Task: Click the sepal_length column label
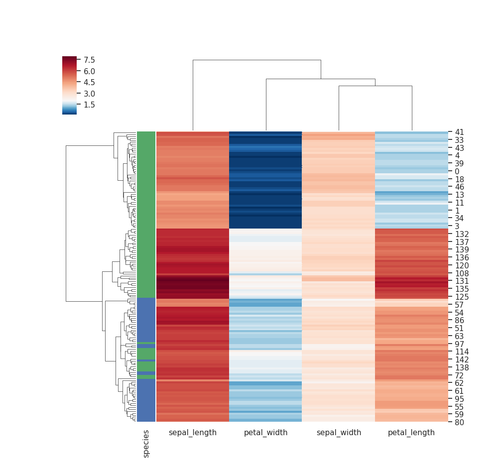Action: click(x=193, y=433)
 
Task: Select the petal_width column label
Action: click(x=265, y=433)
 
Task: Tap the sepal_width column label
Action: click(x=338, y=433)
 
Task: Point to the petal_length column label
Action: click(x=411, y=433)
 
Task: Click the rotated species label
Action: click(x=146, y=444)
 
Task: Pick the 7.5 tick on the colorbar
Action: click(x=90, y=60)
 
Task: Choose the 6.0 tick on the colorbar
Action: click(x=90, y=71)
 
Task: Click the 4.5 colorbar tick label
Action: click(x=90, y=82)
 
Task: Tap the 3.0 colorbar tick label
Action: click(x=90, y=94)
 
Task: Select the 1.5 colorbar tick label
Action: click(x=90, y=105)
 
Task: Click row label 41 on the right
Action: click(x=459, y=132)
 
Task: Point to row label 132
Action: click(x=461, y=234)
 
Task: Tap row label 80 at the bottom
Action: click(x=459, y=422)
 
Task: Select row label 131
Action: click(x=461, y=281)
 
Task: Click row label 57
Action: click(x=459, y=304)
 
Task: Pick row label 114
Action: click(x=461, y=352)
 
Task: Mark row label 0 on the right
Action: click(x=457, y=171)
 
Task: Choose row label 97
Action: click(x=459, y=344)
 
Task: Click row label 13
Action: click(x=459, y=195)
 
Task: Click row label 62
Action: click(x=459, y=383)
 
